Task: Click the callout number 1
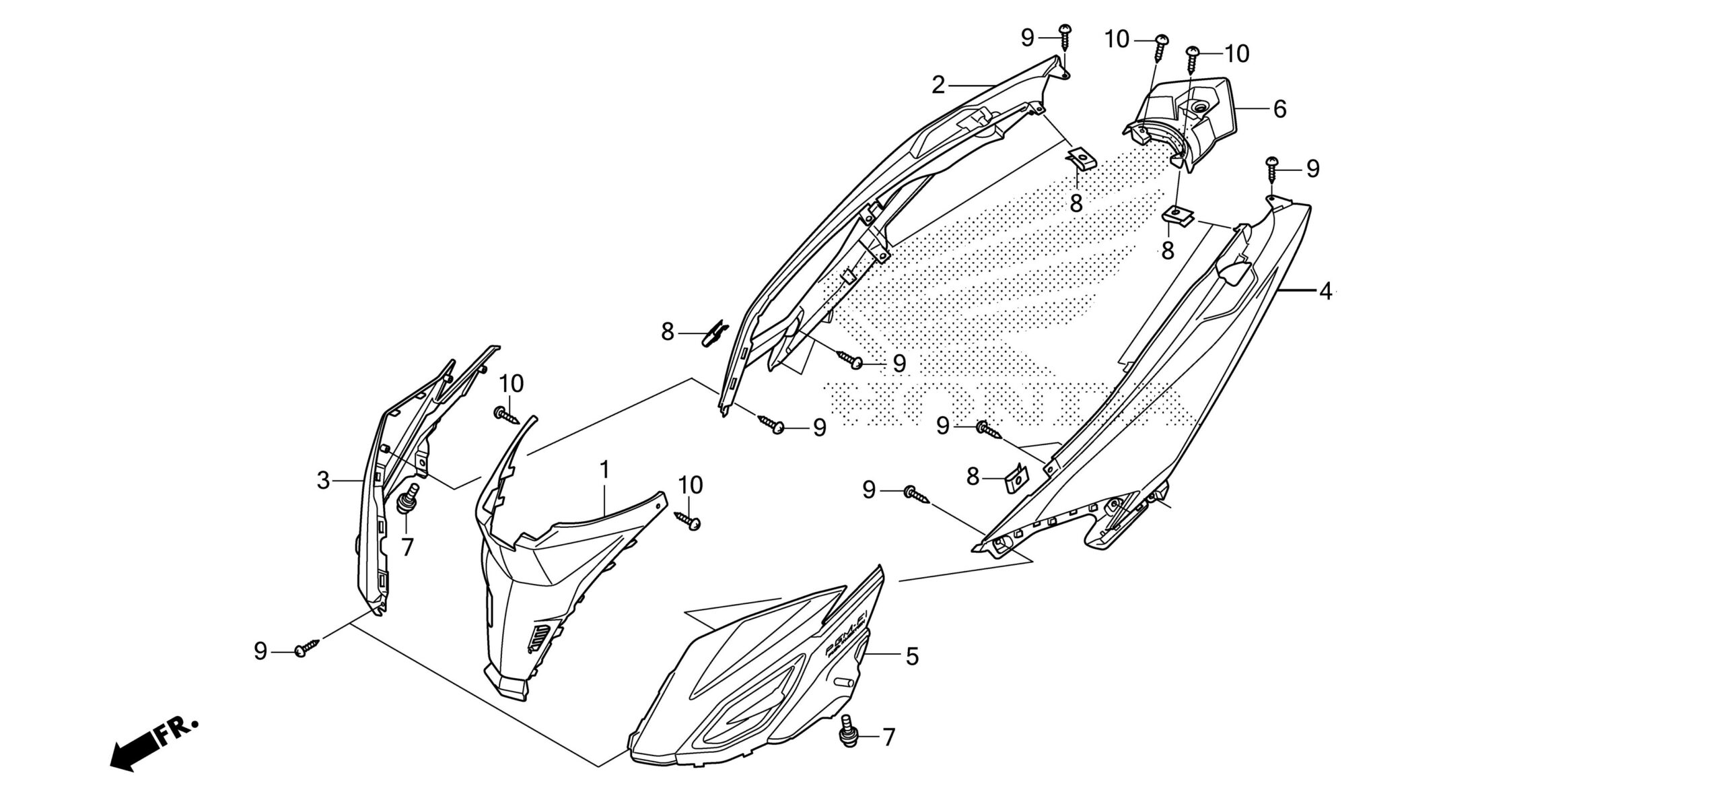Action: pyautogui.click(x=604, y=470)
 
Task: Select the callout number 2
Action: pyautogui.click(x=938, y=86)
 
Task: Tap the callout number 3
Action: pyautogui.click(x=324, y=481)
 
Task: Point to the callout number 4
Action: pyautogui.click(x=1325, y=292)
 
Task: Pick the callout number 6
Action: pyautogui.click(x=1279, y=108)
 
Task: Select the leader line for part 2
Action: pyautogui.click(x=973, y=86)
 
